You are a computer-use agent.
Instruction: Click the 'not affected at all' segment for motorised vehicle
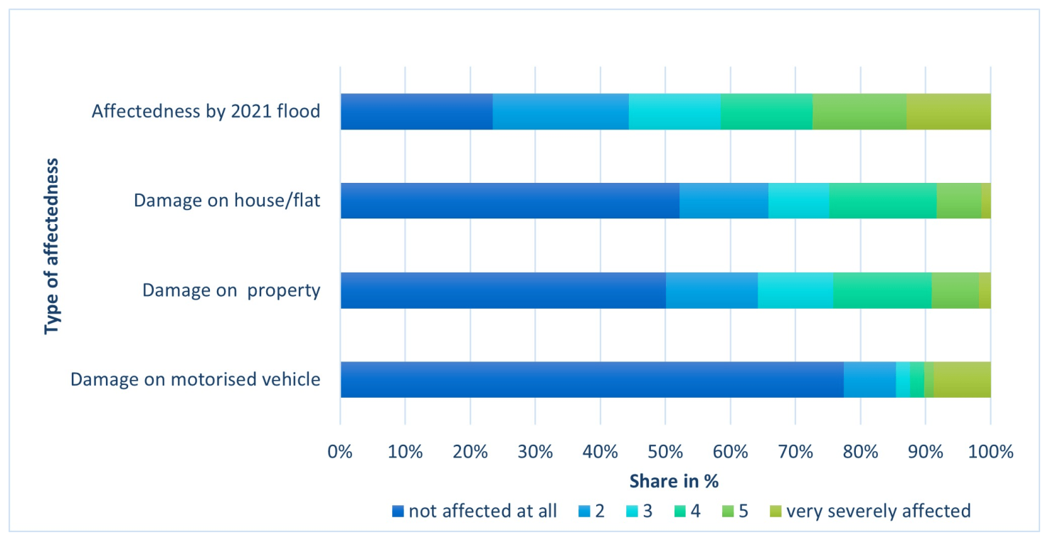[x=592, y=379]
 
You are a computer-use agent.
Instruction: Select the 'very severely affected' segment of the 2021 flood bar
[x=948, y=112]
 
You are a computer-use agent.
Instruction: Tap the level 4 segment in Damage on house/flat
[x=883, y=201]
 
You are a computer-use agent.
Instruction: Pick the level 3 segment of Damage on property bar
[x=795, y=290]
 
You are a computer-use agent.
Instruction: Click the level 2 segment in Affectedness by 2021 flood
[x=561, y=112]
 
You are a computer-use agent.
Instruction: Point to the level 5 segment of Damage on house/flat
[x=959, y=201]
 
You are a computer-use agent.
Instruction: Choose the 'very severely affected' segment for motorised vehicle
[x=963, y=379]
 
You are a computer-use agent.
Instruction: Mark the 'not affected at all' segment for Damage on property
[x=503, y=290]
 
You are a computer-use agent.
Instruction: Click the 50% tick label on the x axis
[x=665, y=452]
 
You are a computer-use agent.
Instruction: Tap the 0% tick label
[x=340, y=452]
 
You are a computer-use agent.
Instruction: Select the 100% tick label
[x=990, y=452]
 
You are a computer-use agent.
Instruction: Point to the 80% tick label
[x=860, y=452]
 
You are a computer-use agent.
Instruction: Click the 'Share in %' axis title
[x=674, y=481]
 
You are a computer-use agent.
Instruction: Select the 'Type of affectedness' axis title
[x=51, y=247]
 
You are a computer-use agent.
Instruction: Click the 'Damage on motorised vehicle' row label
[x=196, y=379]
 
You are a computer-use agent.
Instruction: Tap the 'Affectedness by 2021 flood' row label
[x=206, y=112]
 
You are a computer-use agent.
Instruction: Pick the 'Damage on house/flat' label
[x=227, y=201]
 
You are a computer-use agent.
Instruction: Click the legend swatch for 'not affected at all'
[x=398, y=511]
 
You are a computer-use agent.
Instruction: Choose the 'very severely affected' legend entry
[x=870, y=511]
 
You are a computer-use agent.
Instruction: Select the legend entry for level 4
[x=687, y=511]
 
